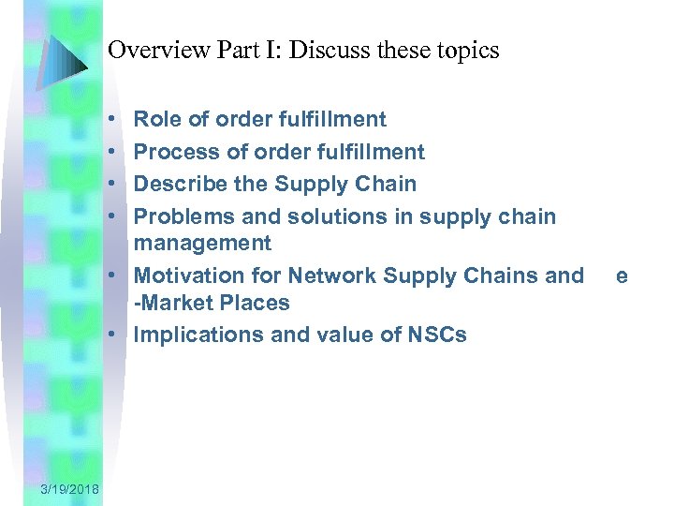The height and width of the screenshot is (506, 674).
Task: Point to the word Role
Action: (x=157, y=119)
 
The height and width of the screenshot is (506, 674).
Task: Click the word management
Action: (x=203, y=244)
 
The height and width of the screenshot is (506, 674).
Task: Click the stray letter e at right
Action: (x=622, y=275)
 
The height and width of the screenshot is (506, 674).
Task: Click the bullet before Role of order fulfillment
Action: (x=110, y=120)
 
